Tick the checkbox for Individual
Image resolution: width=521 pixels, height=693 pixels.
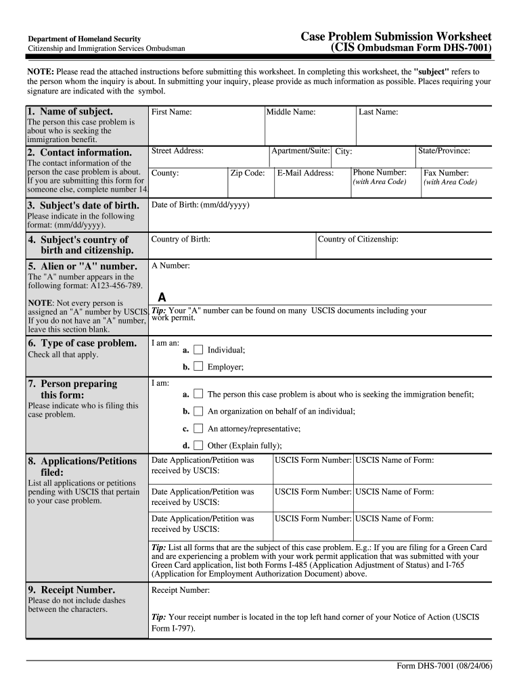click(x=198, y=350)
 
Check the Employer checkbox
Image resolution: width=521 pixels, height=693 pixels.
click(x=198, y=367)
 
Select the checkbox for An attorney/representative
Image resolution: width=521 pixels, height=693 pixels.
click(x=198, y=428)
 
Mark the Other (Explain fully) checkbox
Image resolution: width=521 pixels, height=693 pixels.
click(x=198, y=445)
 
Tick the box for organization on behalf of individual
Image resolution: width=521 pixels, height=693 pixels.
click(x=198, y=411)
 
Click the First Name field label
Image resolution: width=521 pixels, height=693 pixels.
click(x=171, y=112)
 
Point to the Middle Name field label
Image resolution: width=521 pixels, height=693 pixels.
click(x=291, y=112)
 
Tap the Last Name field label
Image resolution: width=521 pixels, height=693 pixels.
click(x=378, y=112)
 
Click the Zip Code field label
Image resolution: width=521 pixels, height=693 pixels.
click(x=248, y=173)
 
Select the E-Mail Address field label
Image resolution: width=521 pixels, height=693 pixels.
click(x=305, y=173)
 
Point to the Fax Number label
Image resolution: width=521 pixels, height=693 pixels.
click(x=446, y=173)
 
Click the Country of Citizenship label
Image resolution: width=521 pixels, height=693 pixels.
click(x=358, y=239)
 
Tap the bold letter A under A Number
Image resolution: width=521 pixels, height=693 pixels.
click(x=162, y=297)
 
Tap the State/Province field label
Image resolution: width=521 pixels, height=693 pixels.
click(x=444, y=151)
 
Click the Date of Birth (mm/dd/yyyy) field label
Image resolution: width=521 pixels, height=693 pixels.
click(x=200, y=204)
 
